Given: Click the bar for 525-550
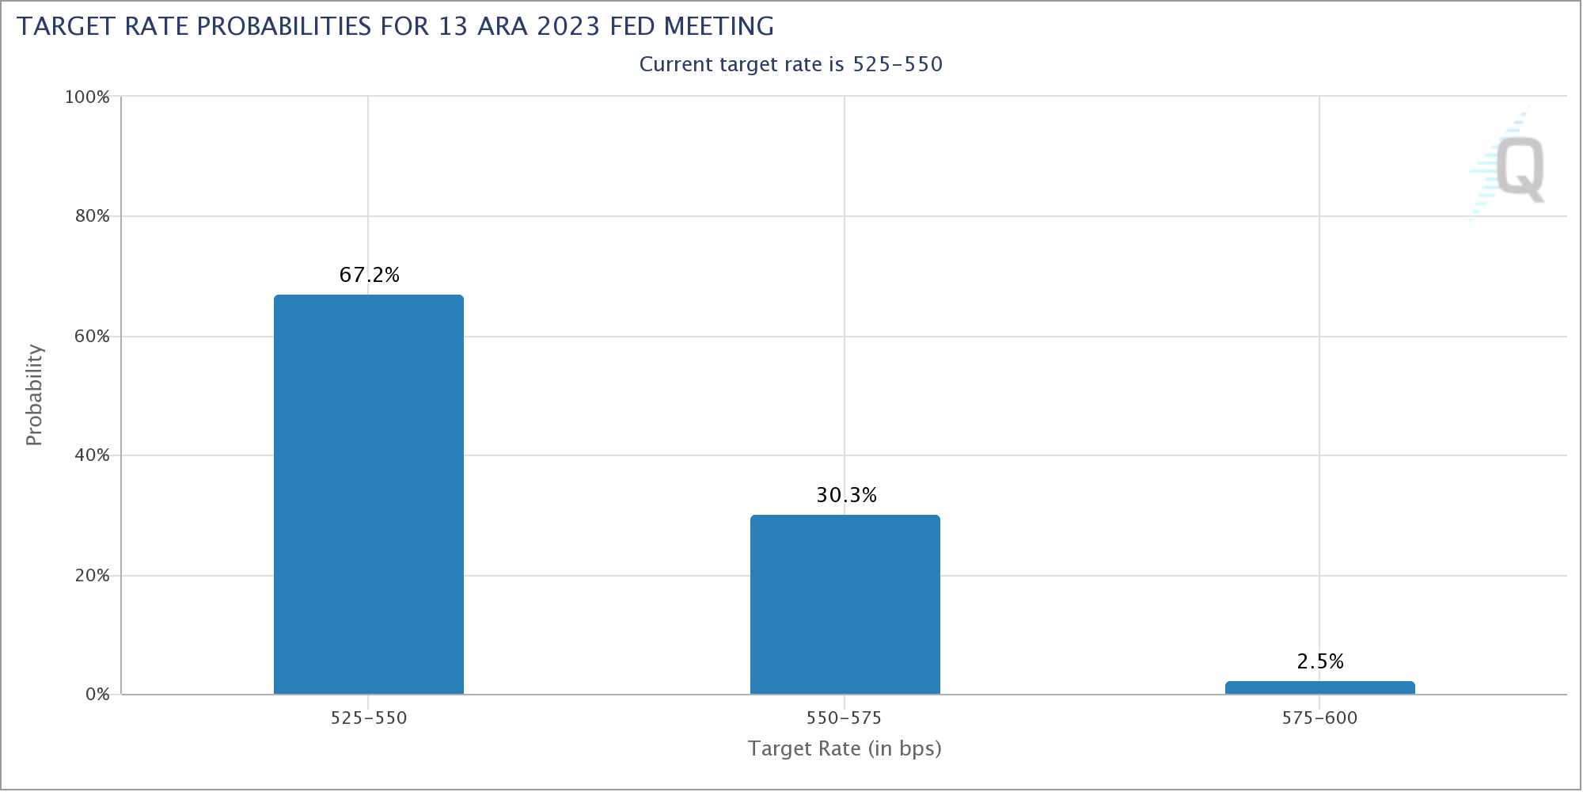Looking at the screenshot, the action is coord(369,494).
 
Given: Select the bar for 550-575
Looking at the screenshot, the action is coord(845,604).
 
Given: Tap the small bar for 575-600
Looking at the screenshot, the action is coord(1320,687).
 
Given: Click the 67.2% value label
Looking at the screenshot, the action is coord(370,275).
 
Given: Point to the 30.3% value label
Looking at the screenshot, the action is coord(847,495).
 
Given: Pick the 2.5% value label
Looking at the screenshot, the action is coord(1320,661).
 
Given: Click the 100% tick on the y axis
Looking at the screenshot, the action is coord(87,97).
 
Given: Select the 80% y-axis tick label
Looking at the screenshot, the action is coord(92,216).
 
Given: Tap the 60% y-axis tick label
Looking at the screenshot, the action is coord(92,336).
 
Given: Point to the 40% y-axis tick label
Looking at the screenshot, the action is coord(92,455).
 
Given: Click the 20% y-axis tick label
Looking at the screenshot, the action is coord(92,575).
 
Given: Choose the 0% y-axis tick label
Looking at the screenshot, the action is coord(97,695).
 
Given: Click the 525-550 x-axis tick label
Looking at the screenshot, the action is coord(369,718).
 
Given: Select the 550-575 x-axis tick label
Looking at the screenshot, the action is coord(845,718).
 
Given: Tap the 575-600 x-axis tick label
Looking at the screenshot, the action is coord(1319,718).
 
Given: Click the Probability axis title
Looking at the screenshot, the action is coord(33,394).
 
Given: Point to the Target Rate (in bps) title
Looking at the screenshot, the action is coord(845,748).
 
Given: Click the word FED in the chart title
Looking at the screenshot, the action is coord(634,26).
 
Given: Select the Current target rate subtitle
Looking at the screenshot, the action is coord(791,64).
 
